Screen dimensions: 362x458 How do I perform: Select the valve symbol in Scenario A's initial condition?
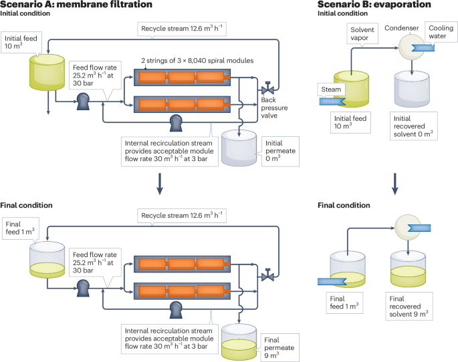[x=268, y=89]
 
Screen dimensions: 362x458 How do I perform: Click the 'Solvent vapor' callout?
[x=363, y=34]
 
